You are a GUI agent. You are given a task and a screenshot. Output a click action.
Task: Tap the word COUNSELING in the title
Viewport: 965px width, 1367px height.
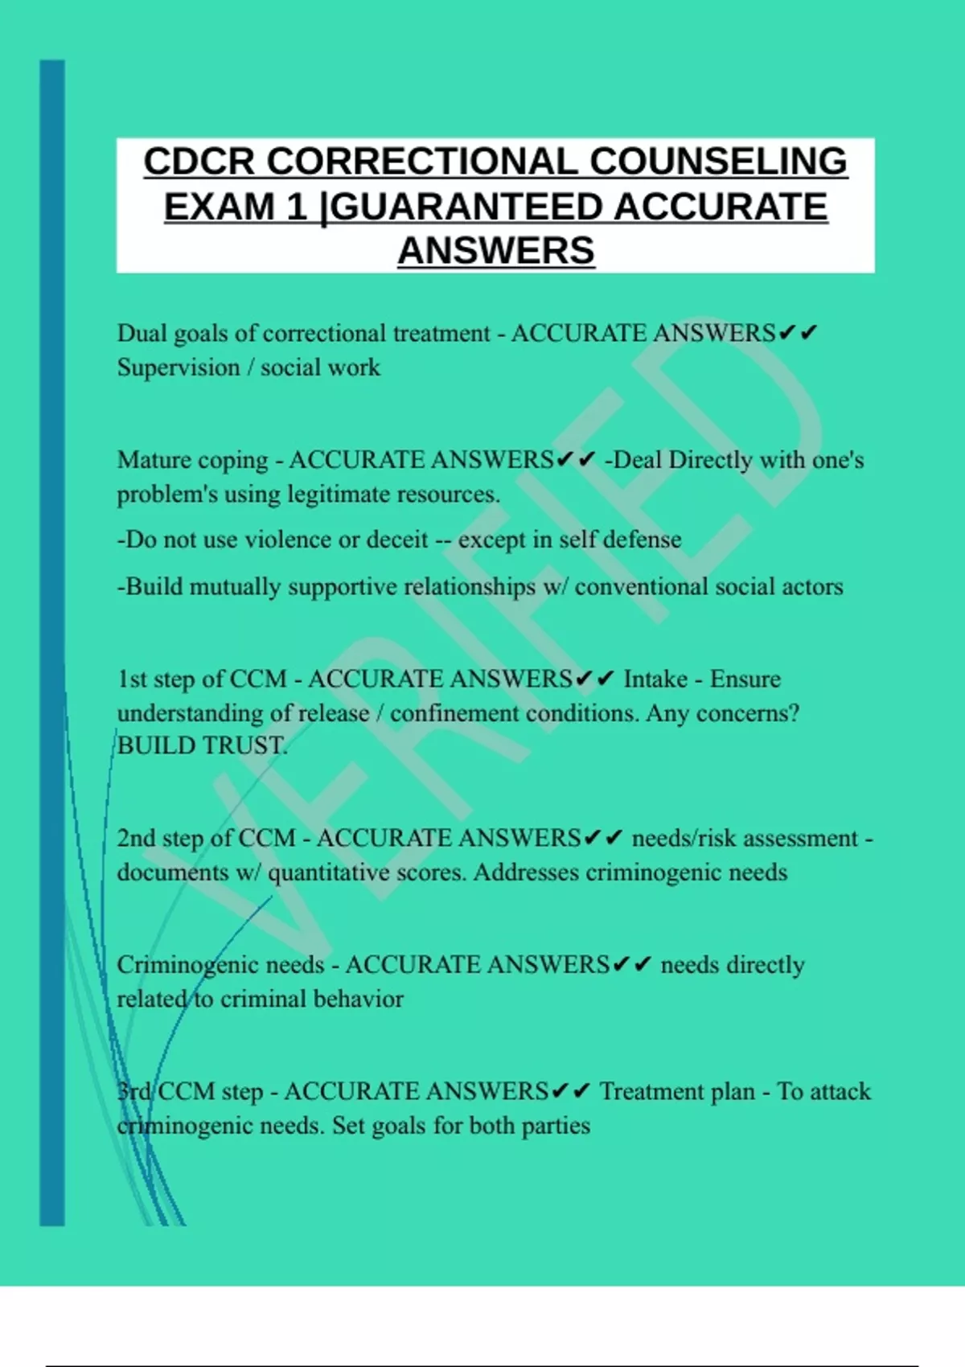click(718, 162)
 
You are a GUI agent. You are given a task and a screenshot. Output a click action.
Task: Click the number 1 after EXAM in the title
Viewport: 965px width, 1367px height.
click(297, 207)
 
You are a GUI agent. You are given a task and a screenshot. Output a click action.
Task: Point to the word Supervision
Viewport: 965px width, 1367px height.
click(179, 367)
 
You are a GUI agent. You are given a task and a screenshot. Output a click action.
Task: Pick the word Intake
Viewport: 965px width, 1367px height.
click(655, 679)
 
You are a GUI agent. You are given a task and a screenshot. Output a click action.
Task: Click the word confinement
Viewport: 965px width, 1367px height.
click(454, 713)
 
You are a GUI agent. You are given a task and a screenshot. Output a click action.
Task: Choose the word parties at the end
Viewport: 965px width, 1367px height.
click(556, 1126)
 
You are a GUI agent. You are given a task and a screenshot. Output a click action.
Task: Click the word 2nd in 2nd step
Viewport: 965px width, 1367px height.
click(136, 839)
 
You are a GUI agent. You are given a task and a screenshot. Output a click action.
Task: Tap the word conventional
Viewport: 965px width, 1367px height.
click(641, 587)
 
